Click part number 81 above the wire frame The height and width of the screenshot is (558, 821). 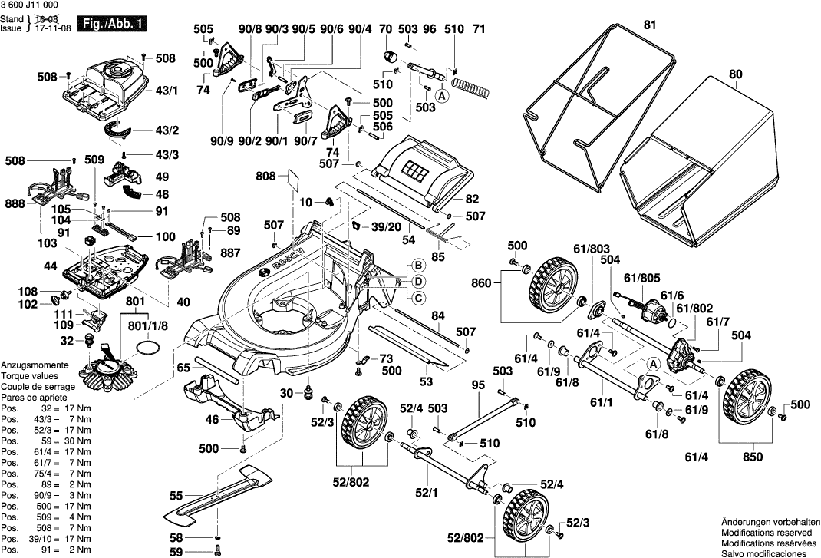pyautogui.click(x=651, y=25)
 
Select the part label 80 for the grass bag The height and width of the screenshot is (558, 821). pyautogui.click(x=736, y=75)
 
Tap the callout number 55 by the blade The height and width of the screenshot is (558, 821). pyautogui.click(x=176, y=497)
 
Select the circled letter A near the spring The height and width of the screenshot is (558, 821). pyautogui.click(x=442, y=96)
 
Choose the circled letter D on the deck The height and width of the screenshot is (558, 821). pyautogui.click(x=419, y=282)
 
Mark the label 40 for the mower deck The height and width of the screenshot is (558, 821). pyautogui.click(x=183, y=302)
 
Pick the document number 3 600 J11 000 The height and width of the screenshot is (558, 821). pyautogui.click(x=31, y=5)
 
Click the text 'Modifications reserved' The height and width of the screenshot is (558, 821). pyautogui.click(x=766, y=532)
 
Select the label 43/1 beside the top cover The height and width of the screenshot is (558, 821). pyautogui.click(x=167, y=91)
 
